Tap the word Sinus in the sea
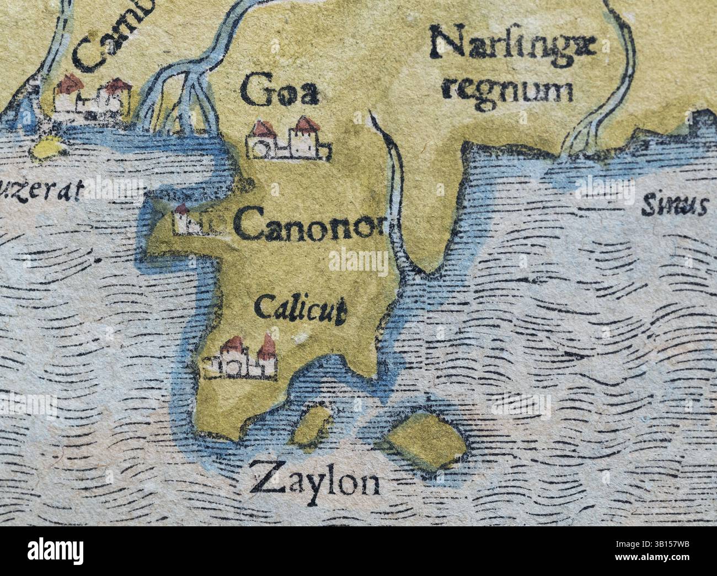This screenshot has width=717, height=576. point(673,206)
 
